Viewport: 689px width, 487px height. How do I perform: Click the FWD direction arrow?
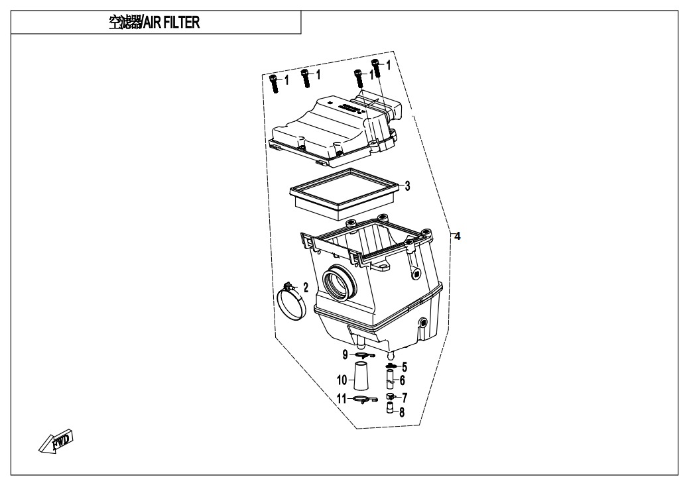56,441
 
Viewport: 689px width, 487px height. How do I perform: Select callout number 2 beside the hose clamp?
306,288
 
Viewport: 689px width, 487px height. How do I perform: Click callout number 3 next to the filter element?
407,186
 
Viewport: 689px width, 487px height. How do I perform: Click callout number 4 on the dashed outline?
458,237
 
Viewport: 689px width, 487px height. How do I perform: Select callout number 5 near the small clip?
405,366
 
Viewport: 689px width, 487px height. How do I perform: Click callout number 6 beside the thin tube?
402,380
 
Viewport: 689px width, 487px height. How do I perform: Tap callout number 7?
405,398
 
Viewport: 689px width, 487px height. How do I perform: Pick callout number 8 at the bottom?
402,412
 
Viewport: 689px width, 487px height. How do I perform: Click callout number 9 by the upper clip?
345,354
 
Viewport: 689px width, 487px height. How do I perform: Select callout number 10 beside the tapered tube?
342,380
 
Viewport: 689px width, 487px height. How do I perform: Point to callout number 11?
342,399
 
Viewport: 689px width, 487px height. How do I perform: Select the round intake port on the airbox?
338,282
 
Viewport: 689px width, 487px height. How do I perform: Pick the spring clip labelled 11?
364,399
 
